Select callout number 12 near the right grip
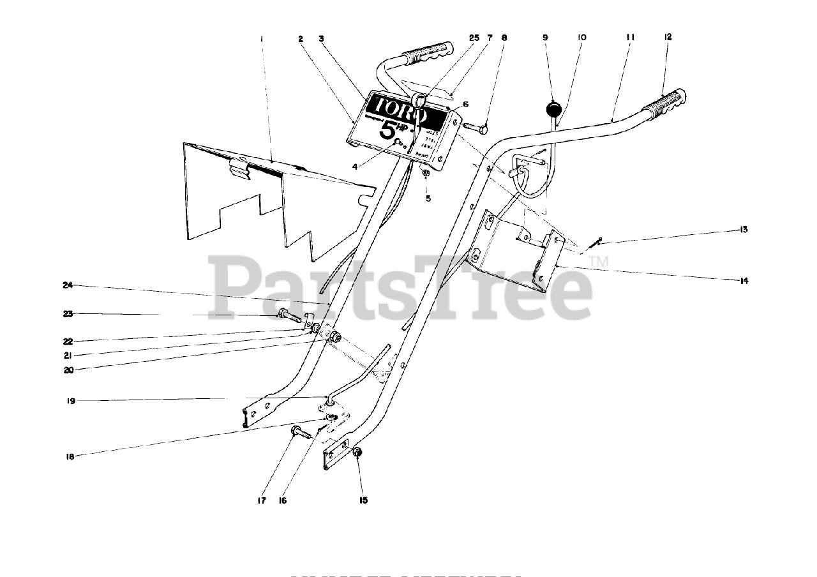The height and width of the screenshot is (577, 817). (668, 38)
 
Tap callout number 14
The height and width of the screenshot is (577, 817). (744, 280)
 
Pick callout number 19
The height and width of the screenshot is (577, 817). (71, 401)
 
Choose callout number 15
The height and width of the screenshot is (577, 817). (363, 500)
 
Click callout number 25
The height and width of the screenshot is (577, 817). (474, 38)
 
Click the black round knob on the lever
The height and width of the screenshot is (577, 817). (555, 108)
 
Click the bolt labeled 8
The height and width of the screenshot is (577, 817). (476, 128)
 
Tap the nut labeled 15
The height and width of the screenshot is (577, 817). (358, 453)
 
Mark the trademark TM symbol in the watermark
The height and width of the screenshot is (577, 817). (599, 262)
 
